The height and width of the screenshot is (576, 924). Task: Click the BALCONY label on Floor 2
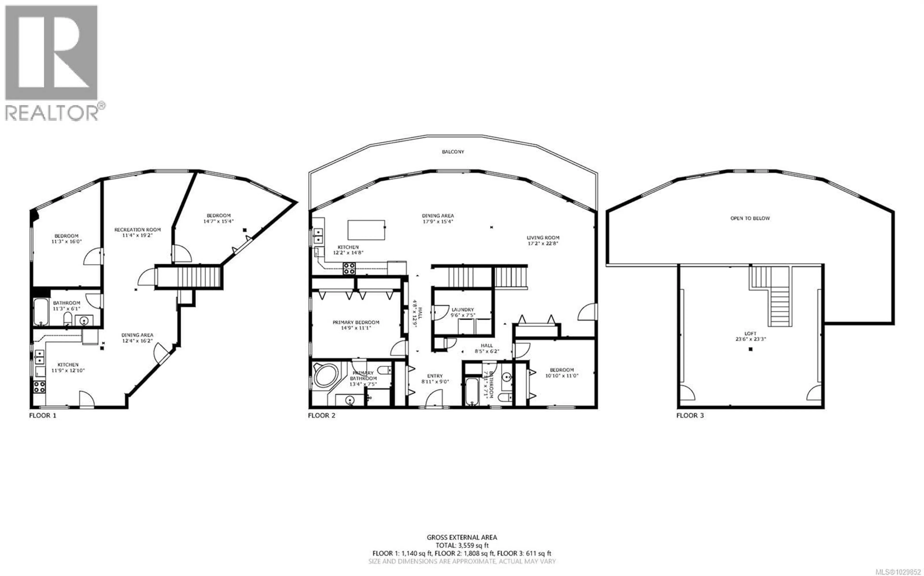453,152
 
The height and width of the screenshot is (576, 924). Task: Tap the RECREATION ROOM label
138,230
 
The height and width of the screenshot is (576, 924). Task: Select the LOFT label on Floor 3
750,333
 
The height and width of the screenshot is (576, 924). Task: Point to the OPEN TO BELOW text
750,218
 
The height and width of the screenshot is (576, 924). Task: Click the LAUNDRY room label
462,310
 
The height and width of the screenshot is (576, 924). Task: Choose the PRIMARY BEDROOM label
356,322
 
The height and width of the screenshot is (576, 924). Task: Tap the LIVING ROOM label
543,238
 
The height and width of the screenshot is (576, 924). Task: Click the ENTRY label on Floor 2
435,376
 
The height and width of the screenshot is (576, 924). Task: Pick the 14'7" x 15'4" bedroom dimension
218,221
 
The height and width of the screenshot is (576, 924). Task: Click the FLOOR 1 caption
43,415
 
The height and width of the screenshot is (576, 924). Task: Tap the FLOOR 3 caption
690,415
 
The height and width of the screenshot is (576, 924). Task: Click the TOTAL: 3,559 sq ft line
462,545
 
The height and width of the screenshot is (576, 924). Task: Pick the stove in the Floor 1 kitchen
39,387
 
